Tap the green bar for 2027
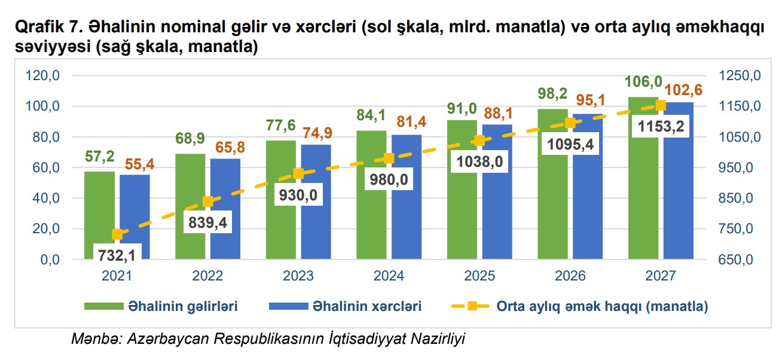pyautogui.click(x=643, y=179)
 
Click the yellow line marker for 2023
pyautogui.click(x=298, y=174)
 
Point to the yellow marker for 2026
pyautogui.click(x=570, y=123)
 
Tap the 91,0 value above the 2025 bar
pyautogui.click(x=462, y=109)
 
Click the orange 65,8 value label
pyautogui.click(x=225, y=147)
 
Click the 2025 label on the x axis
pyautogui.click(x=479, y=276)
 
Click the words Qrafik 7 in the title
pyautogui.click(x=50, y=27)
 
